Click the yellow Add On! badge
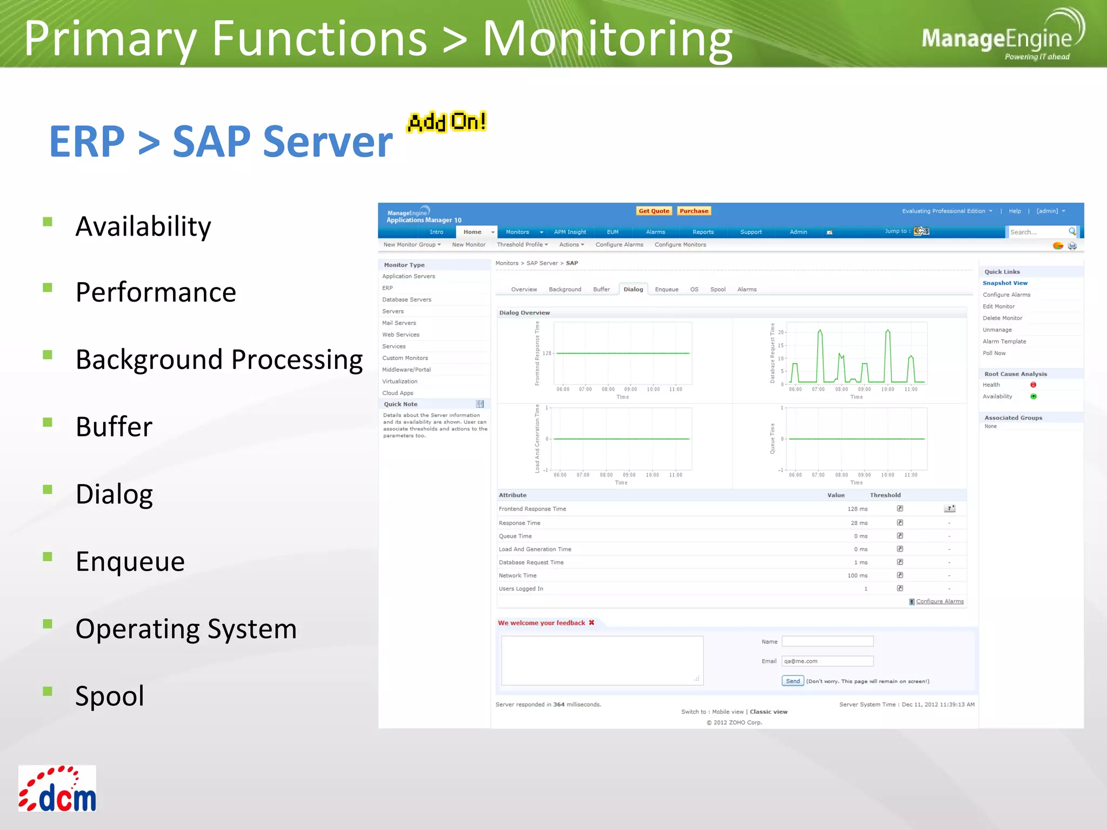447,122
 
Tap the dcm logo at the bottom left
57,788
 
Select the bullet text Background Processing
219,359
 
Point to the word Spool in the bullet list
110,695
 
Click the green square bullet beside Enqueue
48,557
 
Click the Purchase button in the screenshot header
693,211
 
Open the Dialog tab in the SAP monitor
633,289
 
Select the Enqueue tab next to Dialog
666,289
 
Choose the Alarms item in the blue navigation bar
655,232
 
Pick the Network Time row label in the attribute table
517,575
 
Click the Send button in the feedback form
792,681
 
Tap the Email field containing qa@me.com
827,661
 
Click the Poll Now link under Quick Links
994,353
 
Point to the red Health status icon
1033,385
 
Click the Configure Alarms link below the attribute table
939,601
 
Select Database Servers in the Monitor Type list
406,299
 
